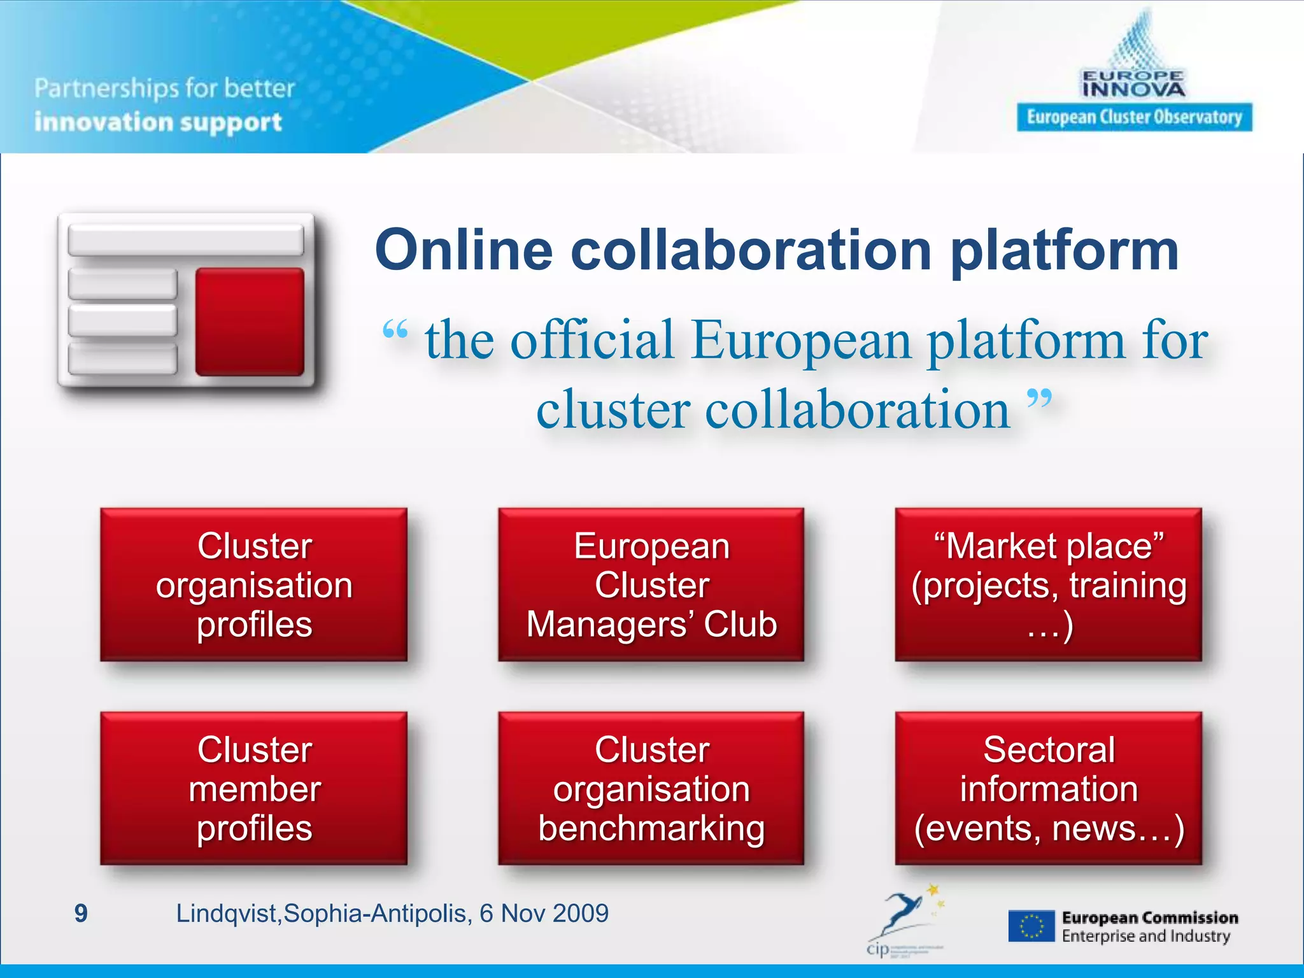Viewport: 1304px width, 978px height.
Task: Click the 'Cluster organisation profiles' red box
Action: pyautogui.click(x=253, y=585)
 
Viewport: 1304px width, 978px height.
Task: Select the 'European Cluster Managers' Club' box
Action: pyautogui.click(x=651, y=585)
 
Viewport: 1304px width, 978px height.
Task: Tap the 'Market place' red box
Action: pyautogui.click(x=1048, y=585)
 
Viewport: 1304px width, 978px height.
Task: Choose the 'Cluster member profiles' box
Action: pyautogui.click(x=253, y=788)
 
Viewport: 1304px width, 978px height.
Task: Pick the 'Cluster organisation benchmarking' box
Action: pyautogui.click(x=651, y=788)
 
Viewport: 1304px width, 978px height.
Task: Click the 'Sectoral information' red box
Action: pyautogui.click(x=1048, y=788)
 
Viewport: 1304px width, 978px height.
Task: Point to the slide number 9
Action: pyautogui.click(x=81, y=913)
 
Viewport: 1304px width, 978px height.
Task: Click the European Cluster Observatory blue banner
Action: pyautogui.click(x=1134, y=117)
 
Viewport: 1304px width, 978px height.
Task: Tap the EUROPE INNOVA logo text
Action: pyautogui.click(x=1133, y=85)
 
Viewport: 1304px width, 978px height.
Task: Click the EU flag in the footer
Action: pyautogui.click(x=1031, y=926)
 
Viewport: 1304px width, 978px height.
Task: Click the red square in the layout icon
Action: pyautogui.click(x=250, y=322)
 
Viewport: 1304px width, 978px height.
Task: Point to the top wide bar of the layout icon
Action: pyautogui.click(x=185, y=240)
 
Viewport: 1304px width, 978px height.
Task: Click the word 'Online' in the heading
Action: pyautogui.click(x=464, y=250)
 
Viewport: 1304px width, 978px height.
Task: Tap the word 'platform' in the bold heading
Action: pyautogui.click(x=1063, y=250)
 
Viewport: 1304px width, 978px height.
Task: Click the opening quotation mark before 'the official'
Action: pyautogui.click(x=395, y=331)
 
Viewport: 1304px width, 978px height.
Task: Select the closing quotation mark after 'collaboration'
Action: pyautogui.click(x=1039, y=400)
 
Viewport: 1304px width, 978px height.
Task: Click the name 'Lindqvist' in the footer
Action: pyautogui.click(x=226, y=913)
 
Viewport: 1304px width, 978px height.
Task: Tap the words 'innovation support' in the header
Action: pyautogui.click(x=158, y=122)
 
